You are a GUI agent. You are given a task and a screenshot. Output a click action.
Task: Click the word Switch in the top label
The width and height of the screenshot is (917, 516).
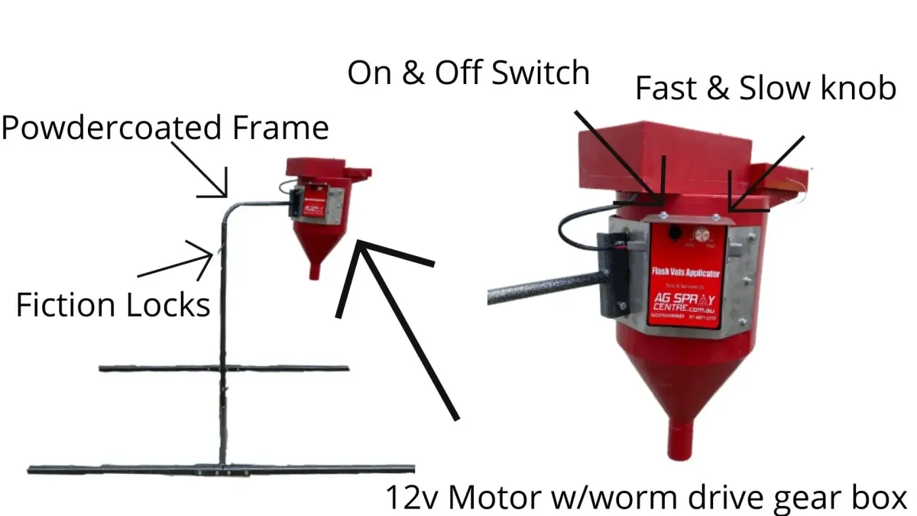pyautogui.click(x=540, y=73)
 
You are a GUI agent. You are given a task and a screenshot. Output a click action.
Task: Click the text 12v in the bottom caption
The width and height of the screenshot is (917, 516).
pyautogui.click(x=412, y=498)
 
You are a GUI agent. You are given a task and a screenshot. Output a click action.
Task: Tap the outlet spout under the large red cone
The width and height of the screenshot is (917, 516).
pyautogui.click(x=683, y=437)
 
